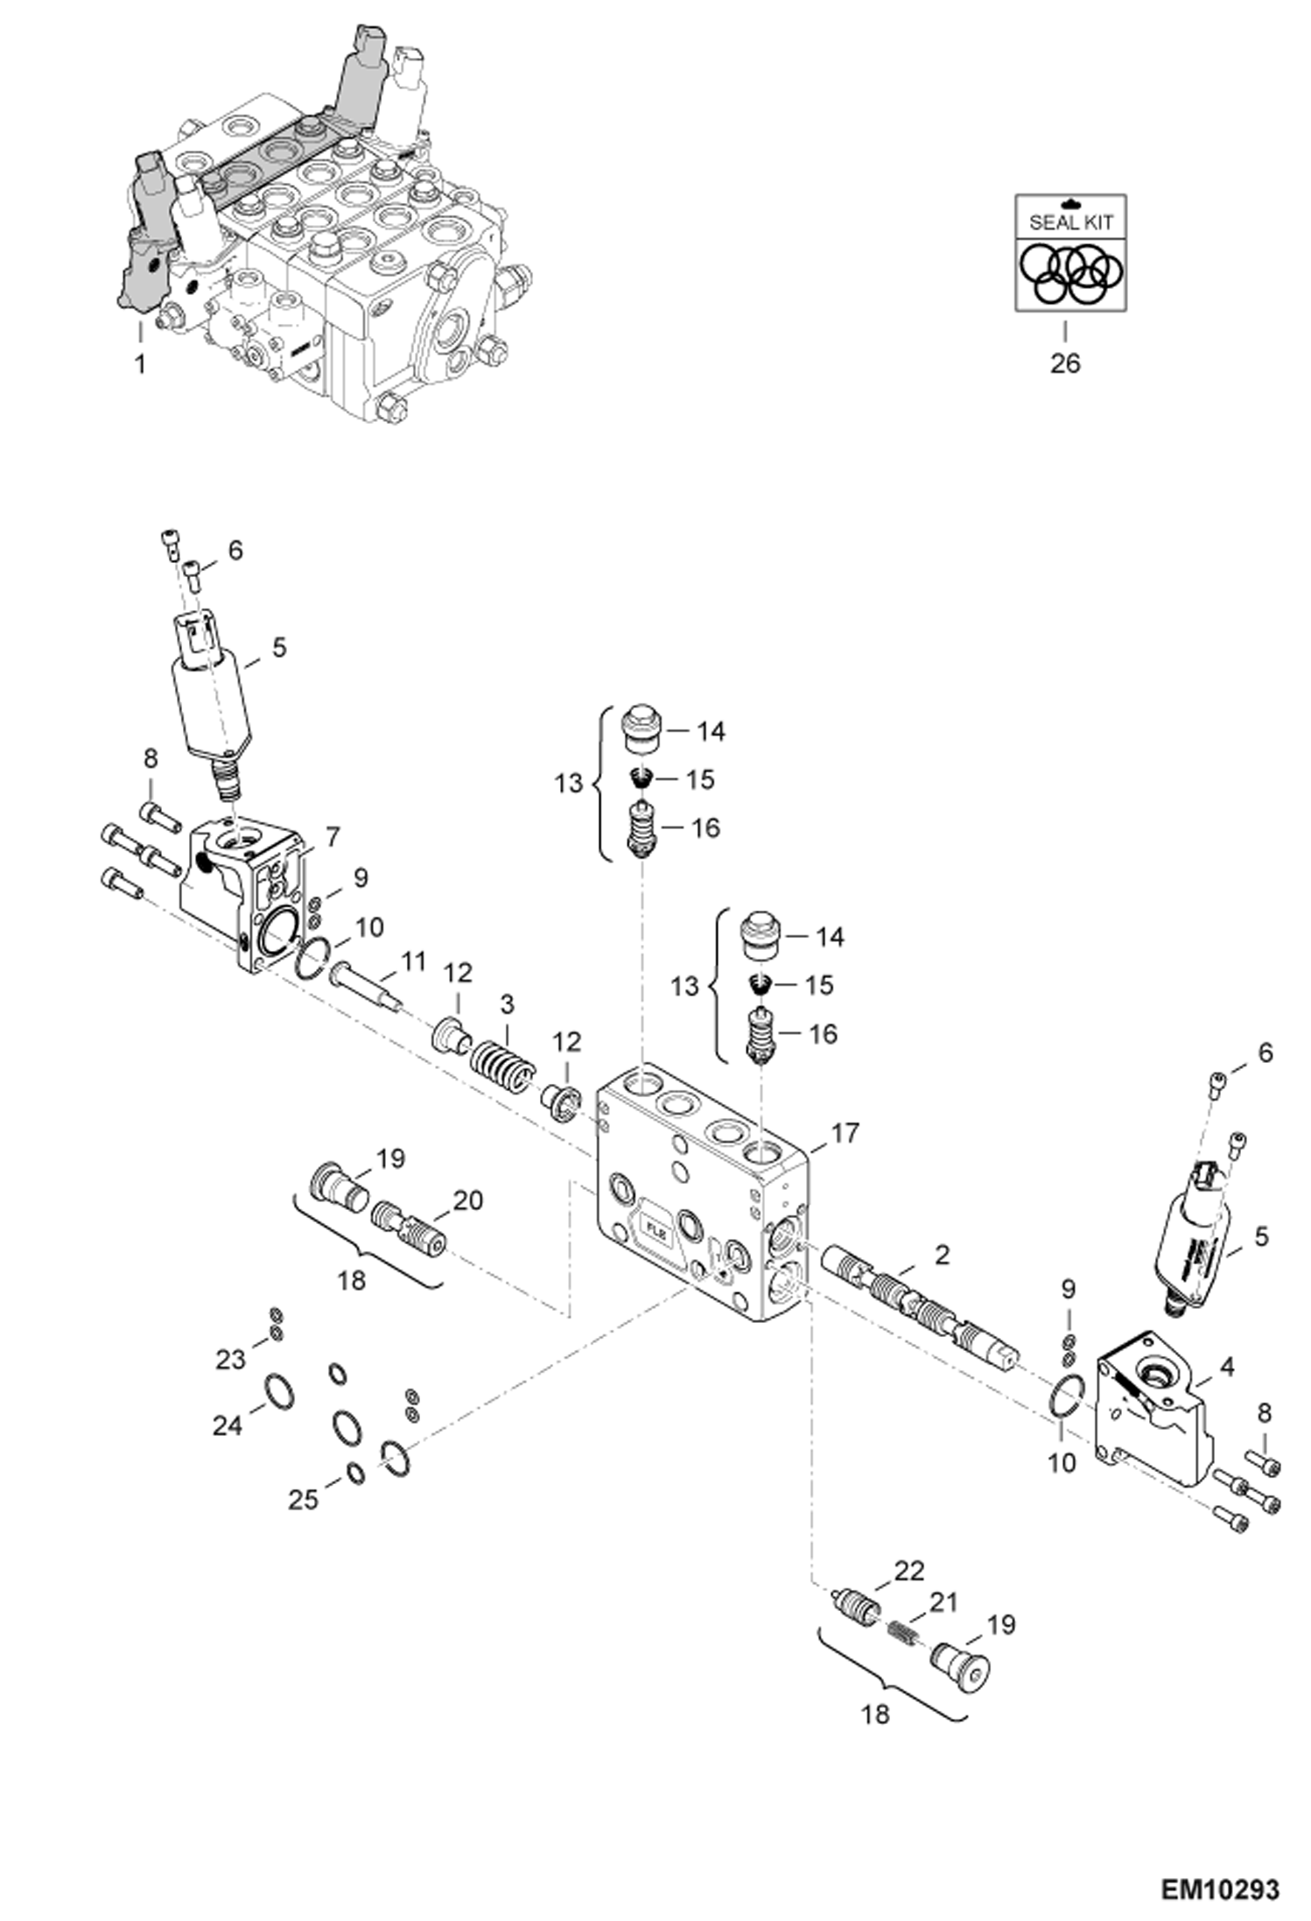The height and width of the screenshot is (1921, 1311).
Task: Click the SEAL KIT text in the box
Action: tap(1070, 222)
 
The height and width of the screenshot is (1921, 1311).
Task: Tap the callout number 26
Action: tap(1065, 362)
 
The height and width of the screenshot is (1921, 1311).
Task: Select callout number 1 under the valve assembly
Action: tap(140, 363)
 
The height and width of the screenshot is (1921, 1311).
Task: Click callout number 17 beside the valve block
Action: tap(845, 1133)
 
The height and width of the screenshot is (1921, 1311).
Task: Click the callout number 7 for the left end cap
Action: tap(332, 838)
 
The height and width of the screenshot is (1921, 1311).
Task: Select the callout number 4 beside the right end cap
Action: tap(1227, 1366)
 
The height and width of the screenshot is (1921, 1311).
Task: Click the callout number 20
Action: tap(468, 1200)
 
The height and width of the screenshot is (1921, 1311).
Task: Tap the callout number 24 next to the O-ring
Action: tap(228, 1425)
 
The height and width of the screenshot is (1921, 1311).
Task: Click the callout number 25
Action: tap(304, 1500)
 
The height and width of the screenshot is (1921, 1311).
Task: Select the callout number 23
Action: tap(231, 1360)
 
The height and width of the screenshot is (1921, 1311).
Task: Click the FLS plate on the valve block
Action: tap(656, 1229)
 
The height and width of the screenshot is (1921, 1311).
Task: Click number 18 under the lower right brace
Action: tap(875, 1713)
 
